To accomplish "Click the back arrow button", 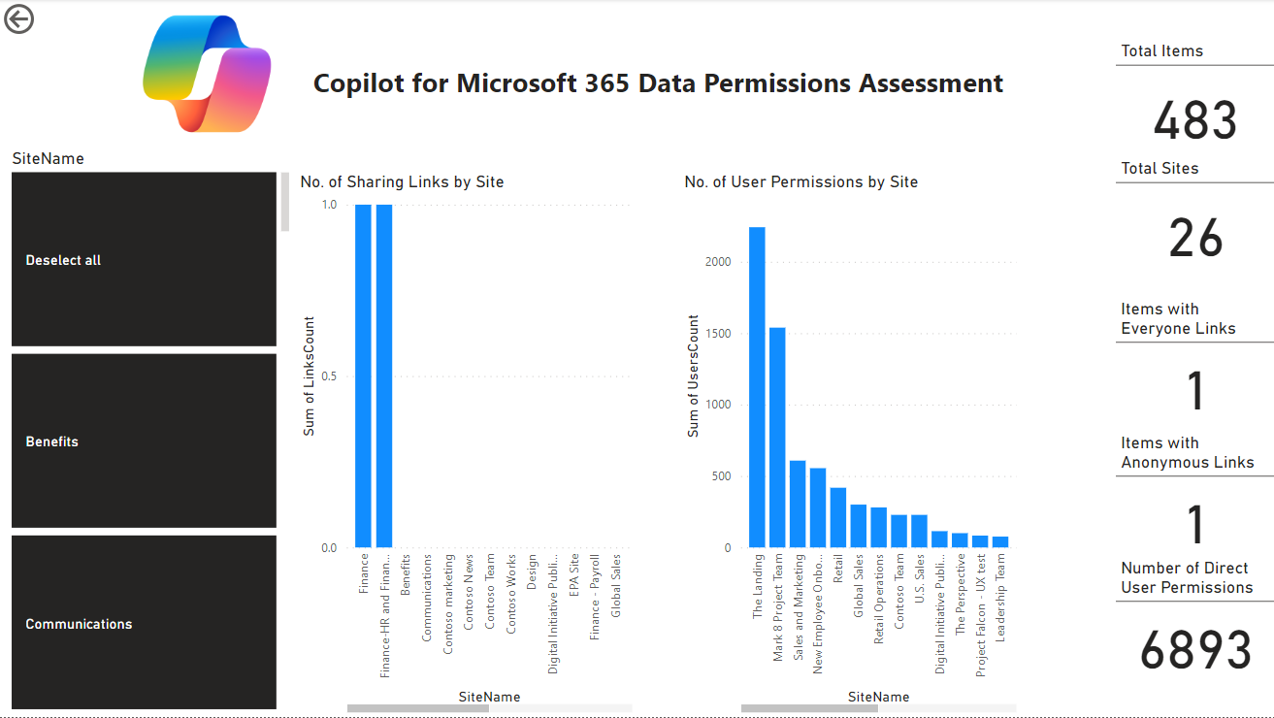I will (x=18, y=18).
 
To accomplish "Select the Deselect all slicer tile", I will (x=144, y=259).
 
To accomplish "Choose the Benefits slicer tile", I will (x=144, y=441).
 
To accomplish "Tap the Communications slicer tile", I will (x=144, y=623).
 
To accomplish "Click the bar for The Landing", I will (x=757, y=388).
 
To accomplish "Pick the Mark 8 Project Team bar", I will (x=777, y=438).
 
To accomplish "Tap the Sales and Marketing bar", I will (x=798, y=505).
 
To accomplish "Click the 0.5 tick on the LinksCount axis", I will (x=329, y=376).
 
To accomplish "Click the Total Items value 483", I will (x=1194, y=121).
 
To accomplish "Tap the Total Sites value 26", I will (x=1195, y=239).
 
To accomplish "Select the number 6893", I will (x=1195, y=650).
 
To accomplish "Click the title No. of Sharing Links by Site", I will (x=402, y=182).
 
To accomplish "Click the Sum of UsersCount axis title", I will (x=694, y=375).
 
